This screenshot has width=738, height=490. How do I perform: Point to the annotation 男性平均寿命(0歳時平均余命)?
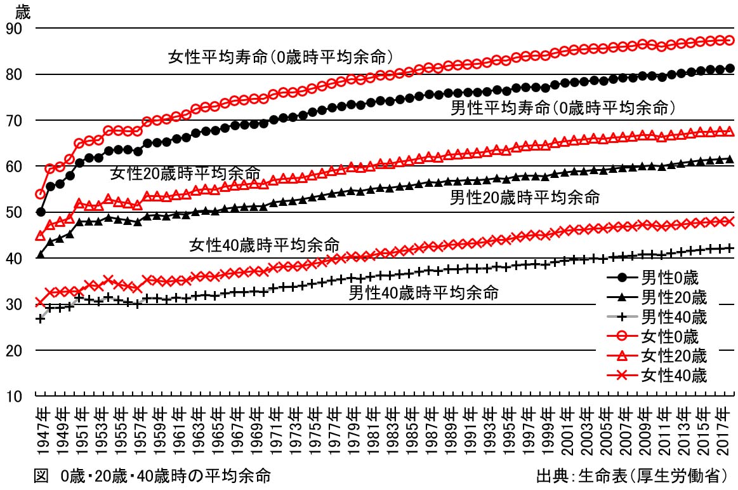click(562, 107)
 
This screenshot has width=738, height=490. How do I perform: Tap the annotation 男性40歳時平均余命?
click(423, 294)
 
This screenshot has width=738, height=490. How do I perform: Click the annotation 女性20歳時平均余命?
click(185, 173)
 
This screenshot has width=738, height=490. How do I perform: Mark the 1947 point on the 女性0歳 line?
click(41, 194)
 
